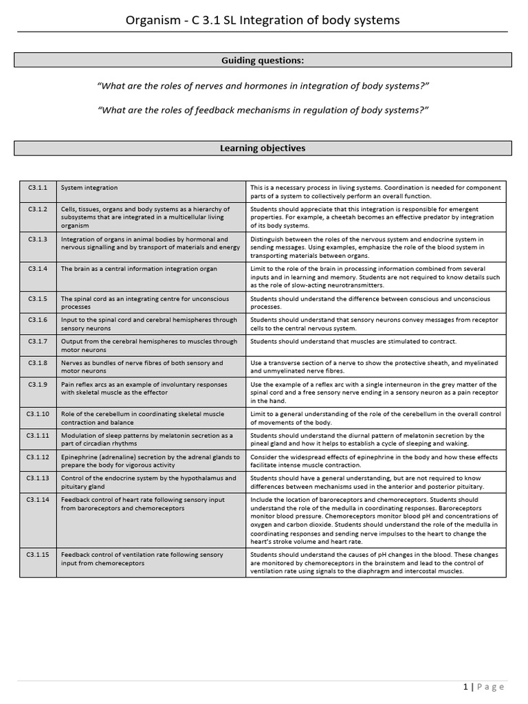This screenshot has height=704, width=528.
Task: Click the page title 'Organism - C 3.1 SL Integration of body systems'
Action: coord(263,21)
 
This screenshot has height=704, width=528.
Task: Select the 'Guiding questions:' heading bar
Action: coord(263,60)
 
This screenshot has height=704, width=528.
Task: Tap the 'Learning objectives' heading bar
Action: coord(263,148)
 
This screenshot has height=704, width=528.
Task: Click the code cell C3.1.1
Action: coord(38,188)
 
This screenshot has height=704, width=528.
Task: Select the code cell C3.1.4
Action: coord(38,269)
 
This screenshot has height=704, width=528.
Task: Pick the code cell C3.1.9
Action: coord(38,384)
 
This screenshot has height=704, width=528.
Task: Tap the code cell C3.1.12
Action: coord(38,457)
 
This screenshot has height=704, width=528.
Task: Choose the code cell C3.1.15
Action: coord(38,555)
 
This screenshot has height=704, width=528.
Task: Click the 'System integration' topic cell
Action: coord(89,188)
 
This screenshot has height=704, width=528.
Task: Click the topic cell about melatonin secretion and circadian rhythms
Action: coord(147,439)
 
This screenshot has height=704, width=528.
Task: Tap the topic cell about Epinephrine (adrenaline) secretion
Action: coord(150,461)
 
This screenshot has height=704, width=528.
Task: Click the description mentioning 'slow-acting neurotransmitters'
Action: coord(375,276)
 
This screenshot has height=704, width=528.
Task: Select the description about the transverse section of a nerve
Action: coord(375,366)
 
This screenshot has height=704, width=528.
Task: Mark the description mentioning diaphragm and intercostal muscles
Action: coord(375,563)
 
